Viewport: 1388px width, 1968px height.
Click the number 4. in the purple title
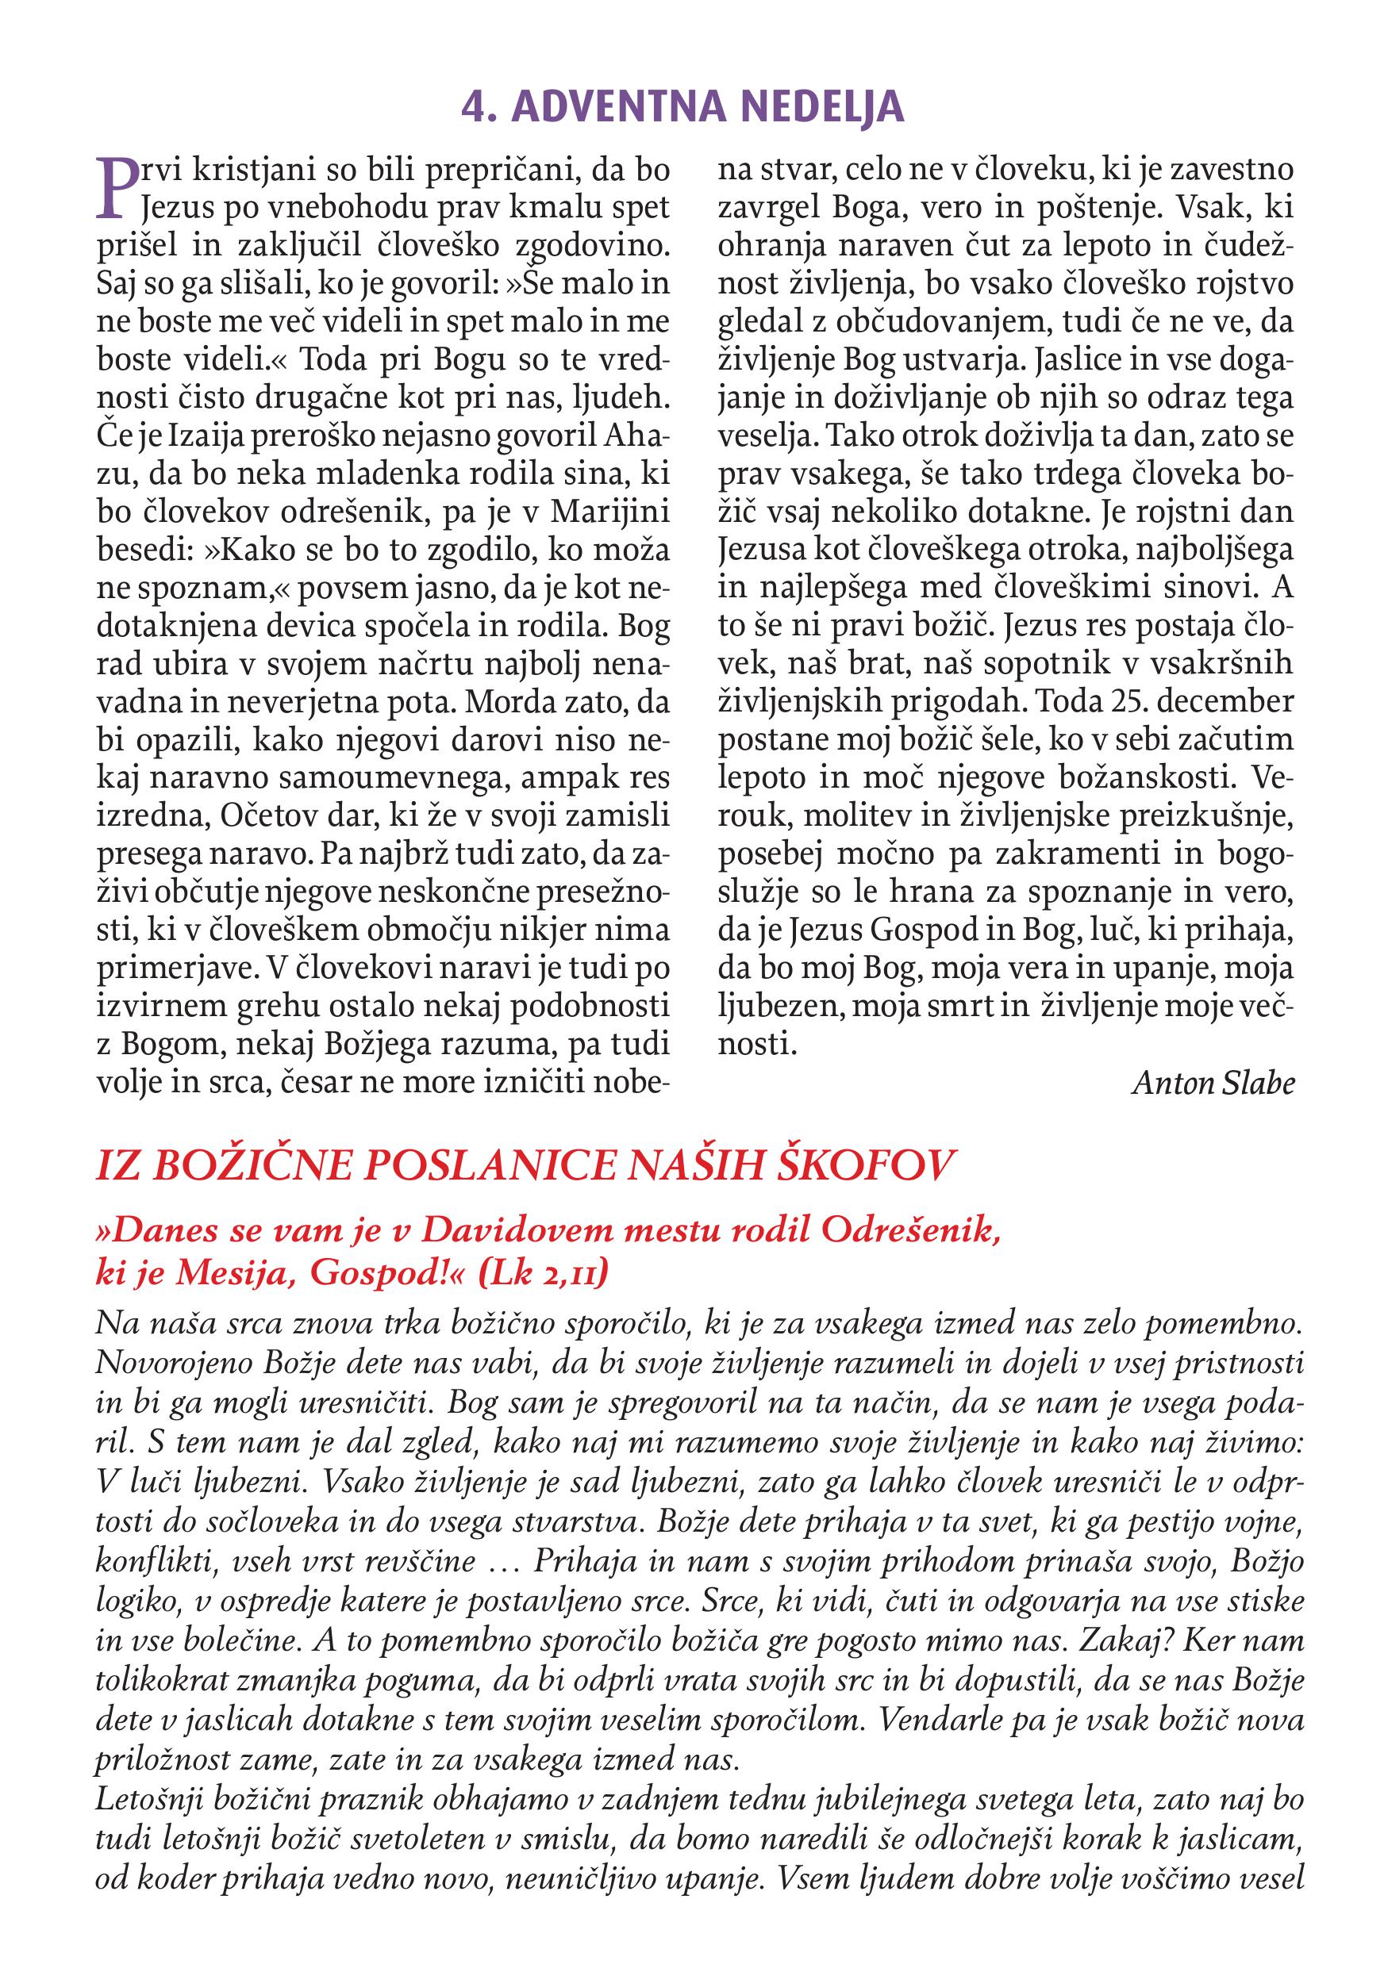tap(478, 107)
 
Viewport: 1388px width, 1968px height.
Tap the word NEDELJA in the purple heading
tap(822, 107)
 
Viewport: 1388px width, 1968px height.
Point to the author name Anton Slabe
tap(1213, 1084)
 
